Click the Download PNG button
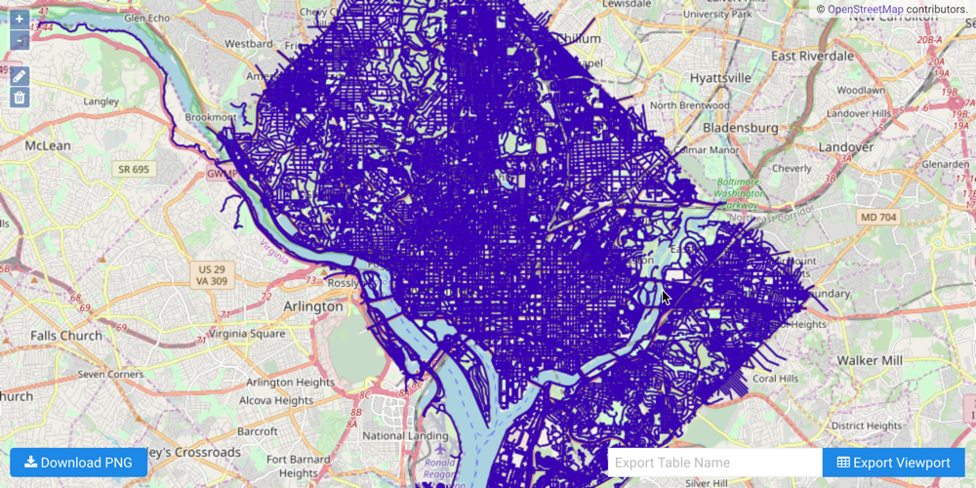(78, 463)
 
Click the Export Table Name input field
(714, 463)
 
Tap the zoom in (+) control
(20, 19)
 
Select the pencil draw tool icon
(20, 76)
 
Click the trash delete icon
(20, 98)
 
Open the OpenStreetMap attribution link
(865, 9)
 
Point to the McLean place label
(48, 145)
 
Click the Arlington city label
(312, 305)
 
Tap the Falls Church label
(65, 335)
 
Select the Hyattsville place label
(720, 77)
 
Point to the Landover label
(846, 146)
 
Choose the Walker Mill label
(871, 360)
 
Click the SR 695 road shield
(134, 170)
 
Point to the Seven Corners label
(110, 374)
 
